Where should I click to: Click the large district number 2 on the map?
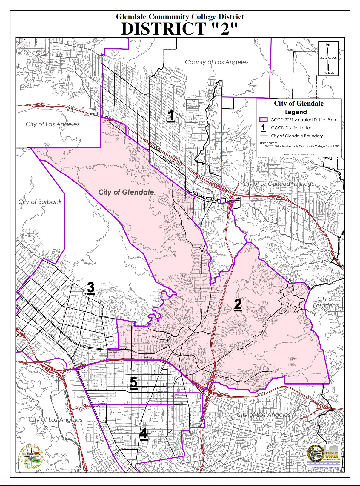[x=238, y=304]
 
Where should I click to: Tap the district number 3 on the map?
[x=91, y=288]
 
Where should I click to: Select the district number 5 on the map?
[x=133, y=383]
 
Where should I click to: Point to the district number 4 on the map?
[x=143, y=433]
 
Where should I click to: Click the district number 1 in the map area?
[x=171, y=116]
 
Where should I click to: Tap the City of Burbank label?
[x=40, y=202]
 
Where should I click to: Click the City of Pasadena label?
[x=326, y=302]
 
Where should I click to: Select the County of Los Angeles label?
[x=217, y=62]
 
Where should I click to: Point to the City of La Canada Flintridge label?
[x=278, y=184]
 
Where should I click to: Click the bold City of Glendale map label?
[x=126, y=192]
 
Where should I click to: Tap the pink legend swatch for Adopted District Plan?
[x=263, y=120]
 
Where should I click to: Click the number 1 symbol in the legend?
[x=263, y=128]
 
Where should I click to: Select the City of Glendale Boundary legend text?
[x=297, y=136]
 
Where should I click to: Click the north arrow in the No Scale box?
[x=328, y=49]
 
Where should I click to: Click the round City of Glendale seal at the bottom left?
[x=31, y=457]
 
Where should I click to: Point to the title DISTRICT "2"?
[x=180, y=29]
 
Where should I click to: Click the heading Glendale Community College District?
[x=180, y=17]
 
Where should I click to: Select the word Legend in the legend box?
[x=296, y=112]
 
